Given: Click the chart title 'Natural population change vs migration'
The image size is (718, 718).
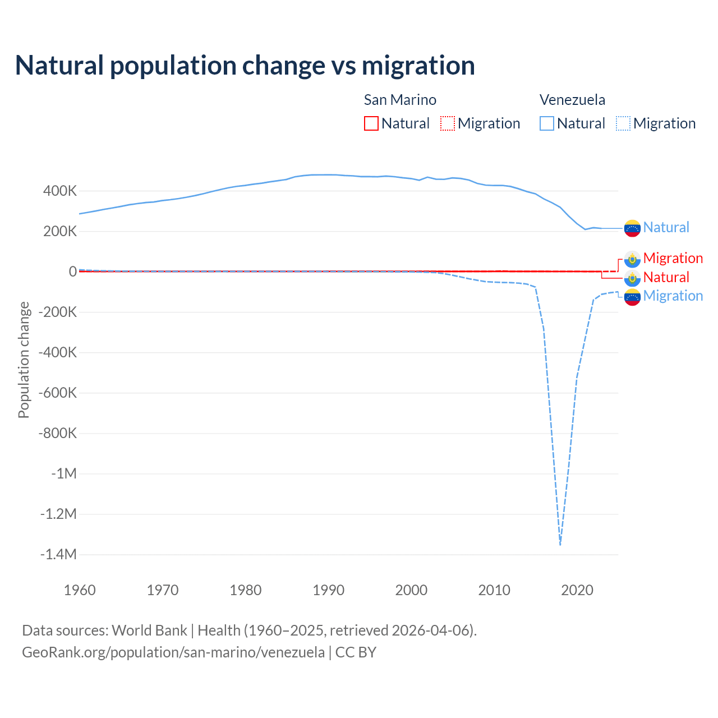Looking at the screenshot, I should pos(245,66).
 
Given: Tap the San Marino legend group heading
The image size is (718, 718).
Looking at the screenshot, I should pos(400,100).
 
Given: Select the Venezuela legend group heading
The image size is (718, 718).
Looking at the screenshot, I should pos(572,100).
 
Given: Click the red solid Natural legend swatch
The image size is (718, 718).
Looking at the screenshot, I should pos(371,123).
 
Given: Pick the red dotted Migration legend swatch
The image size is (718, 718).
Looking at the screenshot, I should pos(448,123).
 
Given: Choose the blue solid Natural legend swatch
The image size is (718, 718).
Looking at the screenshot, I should pos(547,123).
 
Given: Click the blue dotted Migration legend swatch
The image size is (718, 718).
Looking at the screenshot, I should pos(623,123).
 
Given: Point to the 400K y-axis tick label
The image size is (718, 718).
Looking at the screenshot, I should pos(60,191).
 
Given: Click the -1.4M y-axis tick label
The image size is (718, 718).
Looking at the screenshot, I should pos(58,554).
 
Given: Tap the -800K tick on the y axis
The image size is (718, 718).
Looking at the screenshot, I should pos(58,433).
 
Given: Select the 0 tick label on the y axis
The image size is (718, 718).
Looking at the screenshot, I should pos(73,271).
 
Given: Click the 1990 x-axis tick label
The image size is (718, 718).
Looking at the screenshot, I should pos(329,590).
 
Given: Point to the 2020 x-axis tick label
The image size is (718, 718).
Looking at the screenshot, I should pos(577,590).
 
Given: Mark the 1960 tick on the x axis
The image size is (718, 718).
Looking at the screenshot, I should pos(80,590).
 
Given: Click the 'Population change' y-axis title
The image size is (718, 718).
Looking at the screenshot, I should pos(24,360).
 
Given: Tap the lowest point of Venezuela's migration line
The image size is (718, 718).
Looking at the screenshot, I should pos(560,544).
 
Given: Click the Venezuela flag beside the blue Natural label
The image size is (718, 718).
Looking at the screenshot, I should pos(632,228).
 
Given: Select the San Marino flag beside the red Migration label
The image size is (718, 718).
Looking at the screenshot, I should pos(632,259).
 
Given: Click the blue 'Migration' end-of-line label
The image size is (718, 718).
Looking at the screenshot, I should pos(673,296).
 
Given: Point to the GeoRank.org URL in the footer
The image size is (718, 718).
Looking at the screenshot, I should pos(173,652).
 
